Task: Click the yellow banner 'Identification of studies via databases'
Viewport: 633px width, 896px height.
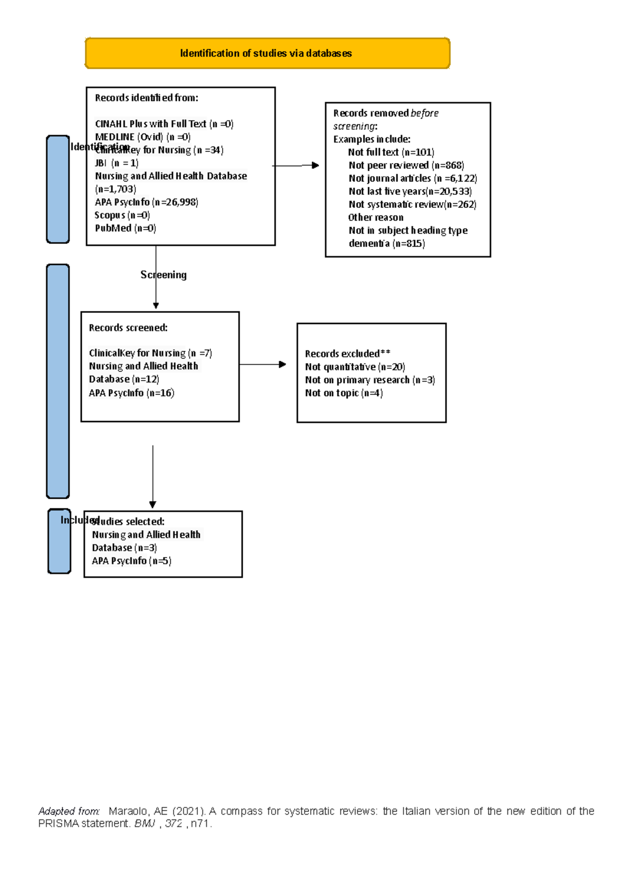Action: point(267,53)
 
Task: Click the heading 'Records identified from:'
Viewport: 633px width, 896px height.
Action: point(147,98)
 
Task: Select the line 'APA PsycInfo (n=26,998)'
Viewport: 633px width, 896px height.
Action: point(147,202)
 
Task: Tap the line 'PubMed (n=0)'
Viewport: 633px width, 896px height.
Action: point(126,228)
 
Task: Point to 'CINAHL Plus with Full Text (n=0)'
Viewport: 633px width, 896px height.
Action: point(164,124)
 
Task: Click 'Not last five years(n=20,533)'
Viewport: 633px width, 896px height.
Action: point(410,191)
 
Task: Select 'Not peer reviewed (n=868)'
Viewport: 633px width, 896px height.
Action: point(406,165)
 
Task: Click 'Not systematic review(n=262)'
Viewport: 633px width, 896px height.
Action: point(412,204)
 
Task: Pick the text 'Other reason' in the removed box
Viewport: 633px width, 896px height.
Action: point(376,217)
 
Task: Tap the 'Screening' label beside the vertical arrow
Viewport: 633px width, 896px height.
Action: point(164,274)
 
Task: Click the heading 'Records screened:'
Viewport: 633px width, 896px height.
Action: point(128,328)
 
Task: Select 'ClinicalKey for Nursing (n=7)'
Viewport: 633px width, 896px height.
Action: point(150,353)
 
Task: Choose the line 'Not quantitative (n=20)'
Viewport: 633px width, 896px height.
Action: point(354,367)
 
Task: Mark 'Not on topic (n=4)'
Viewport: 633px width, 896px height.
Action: point(343,393)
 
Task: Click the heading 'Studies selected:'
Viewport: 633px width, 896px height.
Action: point(129,521)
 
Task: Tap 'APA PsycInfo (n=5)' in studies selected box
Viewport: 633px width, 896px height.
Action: point(131,561)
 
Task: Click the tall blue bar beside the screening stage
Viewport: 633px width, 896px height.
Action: point(58,381)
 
